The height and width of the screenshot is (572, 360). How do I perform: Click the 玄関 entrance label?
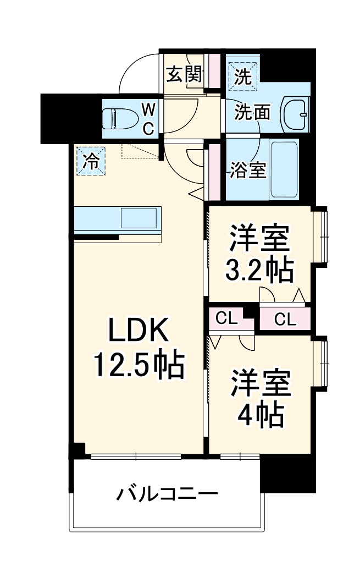(184, 74)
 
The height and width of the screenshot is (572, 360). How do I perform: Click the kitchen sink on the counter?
(139, 218)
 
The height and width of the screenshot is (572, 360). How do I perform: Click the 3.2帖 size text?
(259, 269)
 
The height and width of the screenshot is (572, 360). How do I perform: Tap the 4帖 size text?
(260, 416)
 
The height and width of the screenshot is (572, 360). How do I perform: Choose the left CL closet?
(226, 318)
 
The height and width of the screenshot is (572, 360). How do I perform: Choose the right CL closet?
(285, 318)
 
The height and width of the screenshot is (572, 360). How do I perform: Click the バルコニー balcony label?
(167, 494)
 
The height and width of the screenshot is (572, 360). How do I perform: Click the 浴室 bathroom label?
(247, 171)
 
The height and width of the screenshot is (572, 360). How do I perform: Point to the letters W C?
(149, 117)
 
